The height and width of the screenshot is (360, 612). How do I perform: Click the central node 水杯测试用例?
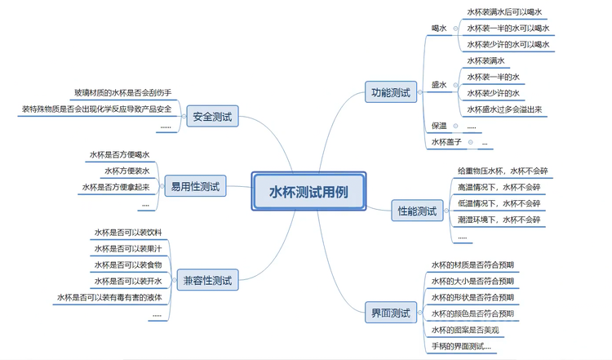click(308, 193)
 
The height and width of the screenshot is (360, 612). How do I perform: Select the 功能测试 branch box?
click(391, 91)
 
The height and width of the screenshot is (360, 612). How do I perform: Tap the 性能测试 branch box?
click(416, 211)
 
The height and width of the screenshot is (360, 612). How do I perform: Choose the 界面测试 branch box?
click(390, 312)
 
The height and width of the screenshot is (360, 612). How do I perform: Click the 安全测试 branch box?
click(212, 118)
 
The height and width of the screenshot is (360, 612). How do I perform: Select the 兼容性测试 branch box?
click(207, 281)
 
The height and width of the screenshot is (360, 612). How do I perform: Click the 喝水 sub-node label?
click(439, 28)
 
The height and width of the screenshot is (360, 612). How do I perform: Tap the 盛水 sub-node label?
click(439, 84)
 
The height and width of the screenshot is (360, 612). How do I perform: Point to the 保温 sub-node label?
click(439, 126)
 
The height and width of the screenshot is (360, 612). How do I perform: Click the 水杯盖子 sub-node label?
click(446, 142)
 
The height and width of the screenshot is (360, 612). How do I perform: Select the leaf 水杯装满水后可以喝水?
click(504, 12)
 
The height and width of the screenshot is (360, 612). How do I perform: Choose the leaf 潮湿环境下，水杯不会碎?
click(499, 220)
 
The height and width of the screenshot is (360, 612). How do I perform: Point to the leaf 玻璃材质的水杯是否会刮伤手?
click(122, 93)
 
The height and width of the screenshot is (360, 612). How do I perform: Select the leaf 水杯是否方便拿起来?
click(115, 188)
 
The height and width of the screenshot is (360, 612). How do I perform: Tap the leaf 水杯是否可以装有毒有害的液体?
click(109, 298)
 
